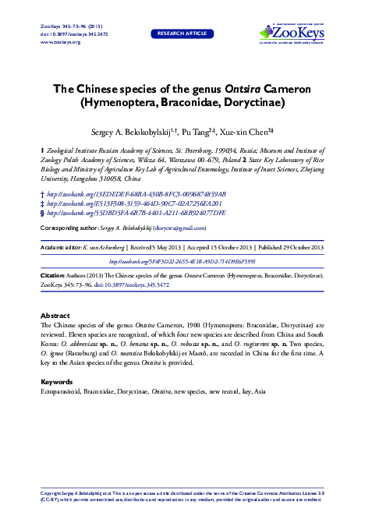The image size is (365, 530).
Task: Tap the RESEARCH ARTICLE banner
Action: (182, 34)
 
